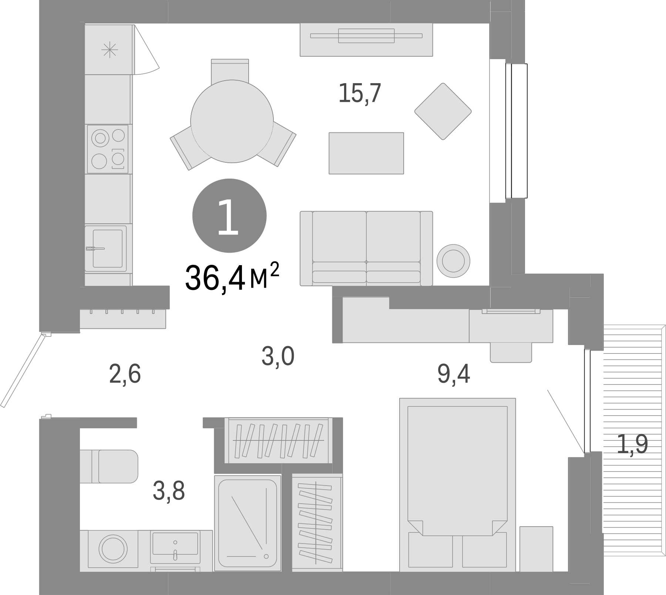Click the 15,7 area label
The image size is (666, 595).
[x=359, y=94]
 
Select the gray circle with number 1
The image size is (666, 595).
[x=229, y=216]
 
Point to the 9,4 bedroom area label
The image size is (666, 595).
[x=453, y=374]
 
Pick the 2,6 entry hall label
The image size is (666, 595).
[x=125, y=374]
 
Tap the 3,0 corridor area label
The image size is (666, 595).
[x=278, y=357]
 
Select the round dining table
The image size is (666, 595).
[x=232, y=121]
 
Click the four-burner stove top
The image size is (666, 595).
[x=108, y=149]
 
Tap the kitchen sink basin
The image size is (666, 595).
[x=107, y=248]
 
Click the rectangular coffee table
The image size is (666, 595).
[x=366, y=153]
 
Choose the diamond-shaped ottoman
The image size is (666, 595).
[x=443, y=111]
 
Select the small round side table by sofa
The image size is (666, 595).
[x=453, y=261]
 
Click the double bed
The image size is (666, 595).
[x=457, y=484]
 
